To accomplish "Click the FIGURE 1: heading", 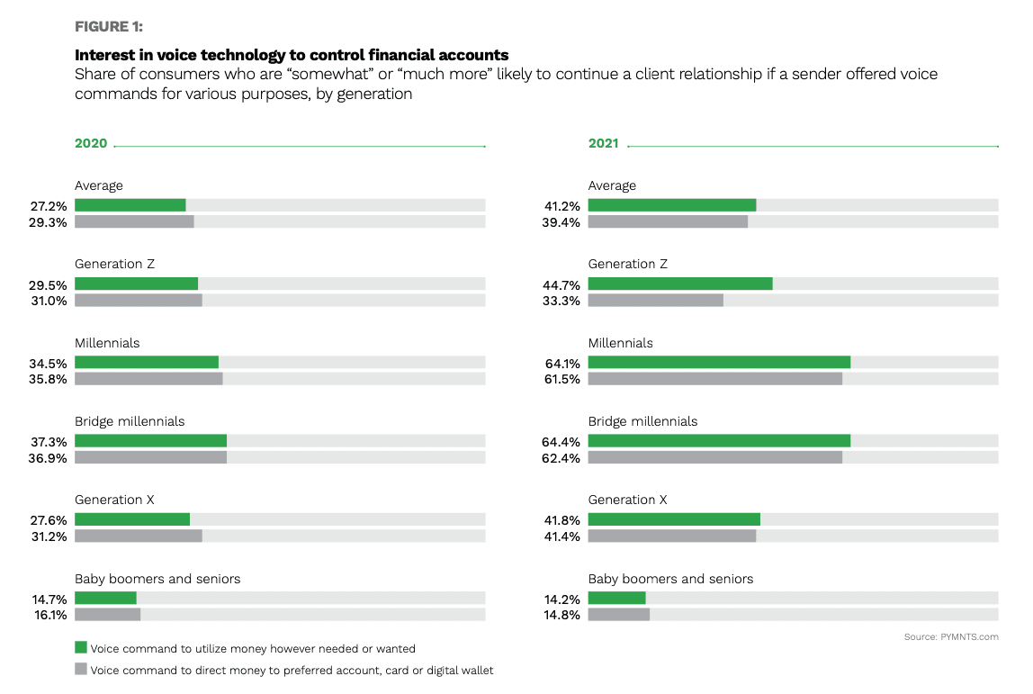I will click(x=108, y=26).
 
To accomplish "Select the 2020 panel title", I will click(x=91, y=144).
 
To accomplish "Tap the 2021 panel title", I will click(x=603, y=144).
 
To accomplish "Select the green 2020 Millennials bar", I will click(x=147, y=362).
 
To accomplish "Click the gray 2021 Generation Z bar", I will click(x=655, y=301).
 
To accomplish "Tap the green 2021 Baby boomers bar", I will click(x=616, y=598).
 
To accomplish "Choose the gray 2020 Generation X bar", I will click(x=139, y=536).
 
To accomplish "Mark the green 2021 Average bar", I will click(x=671, y=205).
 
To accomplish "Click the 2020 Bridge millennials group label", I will click(x=130, y=421).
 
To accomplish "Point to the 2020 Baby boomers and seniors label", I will click(x=157, y=579).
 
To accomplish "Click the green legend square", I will click(x=81, y=647).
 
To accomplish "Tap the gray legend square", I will click(x=81, y=669).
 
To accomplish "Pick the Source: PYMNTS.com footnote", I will click(x=951, y=637).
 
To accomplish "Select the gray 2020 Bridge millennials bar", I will click(x=150, y=457).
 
